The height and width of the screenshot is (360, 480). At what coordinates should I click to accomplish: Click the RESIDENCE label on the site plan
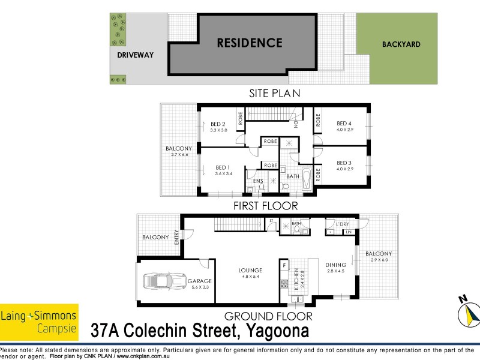coord(250,43)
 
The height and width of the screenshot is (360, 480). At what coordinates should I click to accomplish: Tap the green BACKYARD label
coord(401,44)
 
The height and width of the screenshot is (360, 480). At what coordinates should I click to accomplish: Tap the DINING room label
coord(336,265)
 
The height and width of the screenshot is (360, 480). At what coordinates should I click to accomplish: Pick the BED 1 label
coord(223,167)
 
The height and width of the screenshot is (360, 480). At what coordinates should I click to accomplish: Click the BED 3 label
coord(343,163)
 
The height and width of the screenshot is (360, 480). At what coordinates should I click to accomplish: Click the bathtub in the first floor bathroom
coord(307,179)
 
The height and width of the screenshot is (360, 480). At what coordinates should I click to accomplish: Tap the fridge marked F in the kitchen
coord(284,263)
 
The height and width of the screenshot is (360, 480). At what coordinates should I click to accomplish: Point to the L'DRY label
coord(343,224)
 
